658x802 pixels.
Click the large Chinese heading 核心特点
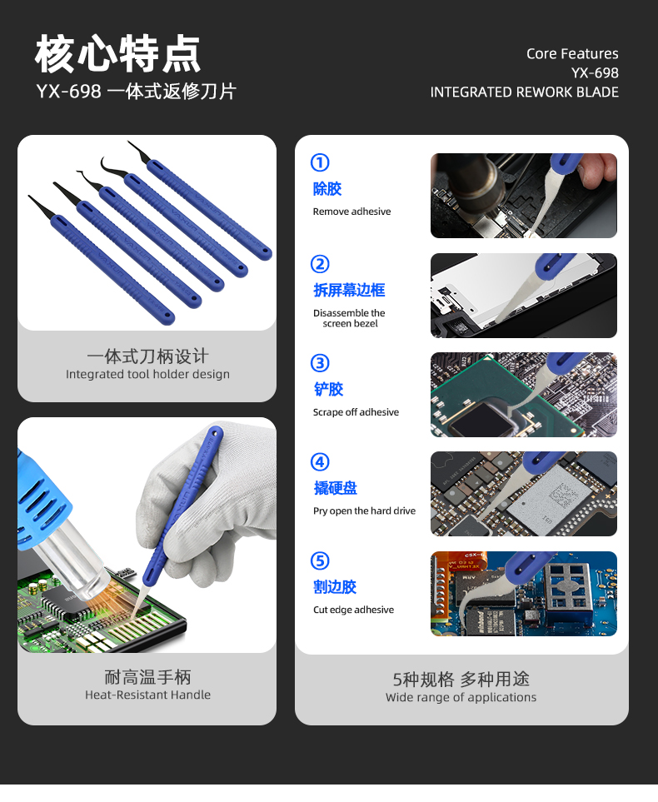pyautogui.click(x=117, y=54)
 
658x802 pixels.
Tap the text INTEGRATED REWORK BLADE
pyautogui.click(x=524, y=92)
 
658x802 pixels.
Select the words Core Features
pyautogui.click(x=572, y=53)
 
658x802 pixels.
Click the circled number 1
pyautogui.click(x=320, y=162)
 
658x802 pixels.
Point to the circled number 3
pyautogui.click(x=320, y=363)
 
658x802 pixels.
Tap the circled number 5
pyautogui.click(x=320, y=560)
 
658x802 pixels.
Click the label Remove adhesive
pyautogui.click(x=351, y=212)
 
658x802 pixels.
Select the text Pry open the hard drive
pyautogui.click(x=364, y=511)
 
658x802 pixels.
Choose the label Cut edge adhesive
pyautogui.click(x=353, y=610)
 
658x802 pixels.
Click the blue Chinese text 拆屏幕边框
pyautogui.click(x=349, y=290)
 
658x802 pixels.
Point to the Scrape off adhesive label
pyautogui.click(x=356, y=412)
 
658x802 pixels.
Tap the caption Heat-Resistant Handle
pyautogui.click(x=147, y=695)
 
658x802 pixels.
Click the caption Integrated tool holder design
pyautogui.click(x=147, y=375)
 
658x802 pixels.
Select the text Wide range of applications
pyautogui.click(x=461, y=697)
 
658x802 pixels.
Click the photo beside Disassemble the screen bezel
pyautogui.click(x=523, y=296)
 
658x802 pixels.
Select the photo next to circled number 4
pyautogui.click(x=523, y=494)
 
